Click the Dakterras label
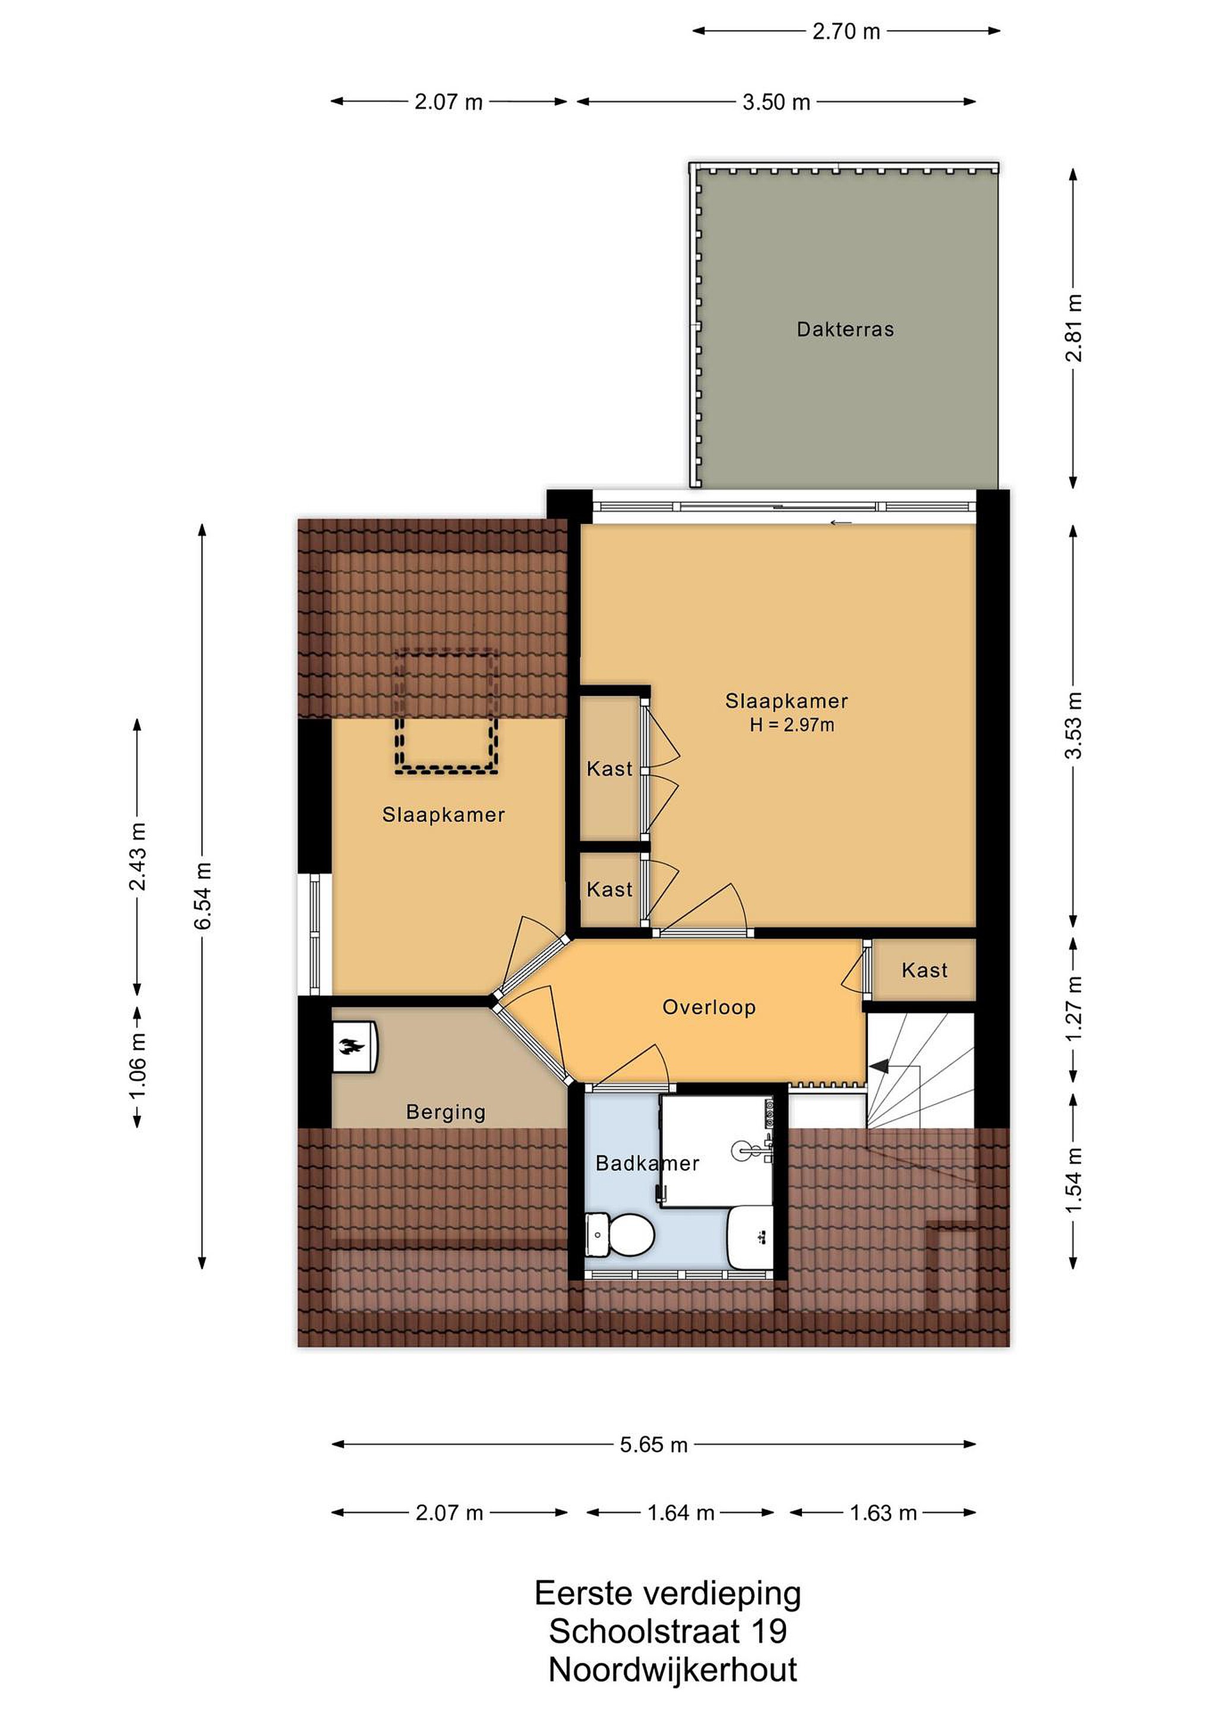pyautogui.click(x=845, y=329)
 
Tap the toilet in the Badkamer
pyautogui.click(x=620, y=1234)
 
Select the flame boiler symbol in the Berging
pyautogui.click(x=352, y=1046)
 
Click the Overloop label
pyautogui.click(x=709, y=1008)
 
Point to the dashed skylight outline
pyautogui.click(x=446, y=712)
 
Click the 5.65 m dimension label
pyautogui.click(x=653, y=1445)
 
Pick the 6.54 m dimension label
pyautogui.click(x=203, y=896)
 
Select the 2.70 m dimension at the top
pyautogui.click(x=846, y=31)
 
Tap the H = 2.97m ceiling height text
pyautogui.click(x=792, y=724)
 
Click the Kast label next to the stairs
pyautogui.click(x=925, y=970)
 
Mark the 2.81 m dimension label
pyautogui.click(x=1073, y=328)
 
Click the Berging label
pyautogui.click(x=446, y=1113)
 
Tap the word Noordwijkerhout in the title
pyautogui.click(x=673, y=1670)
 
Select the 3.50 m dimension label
pyautogui.click(x=776, y=102)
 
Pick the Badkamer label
pyautogui.click(x=647, y=1163)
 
